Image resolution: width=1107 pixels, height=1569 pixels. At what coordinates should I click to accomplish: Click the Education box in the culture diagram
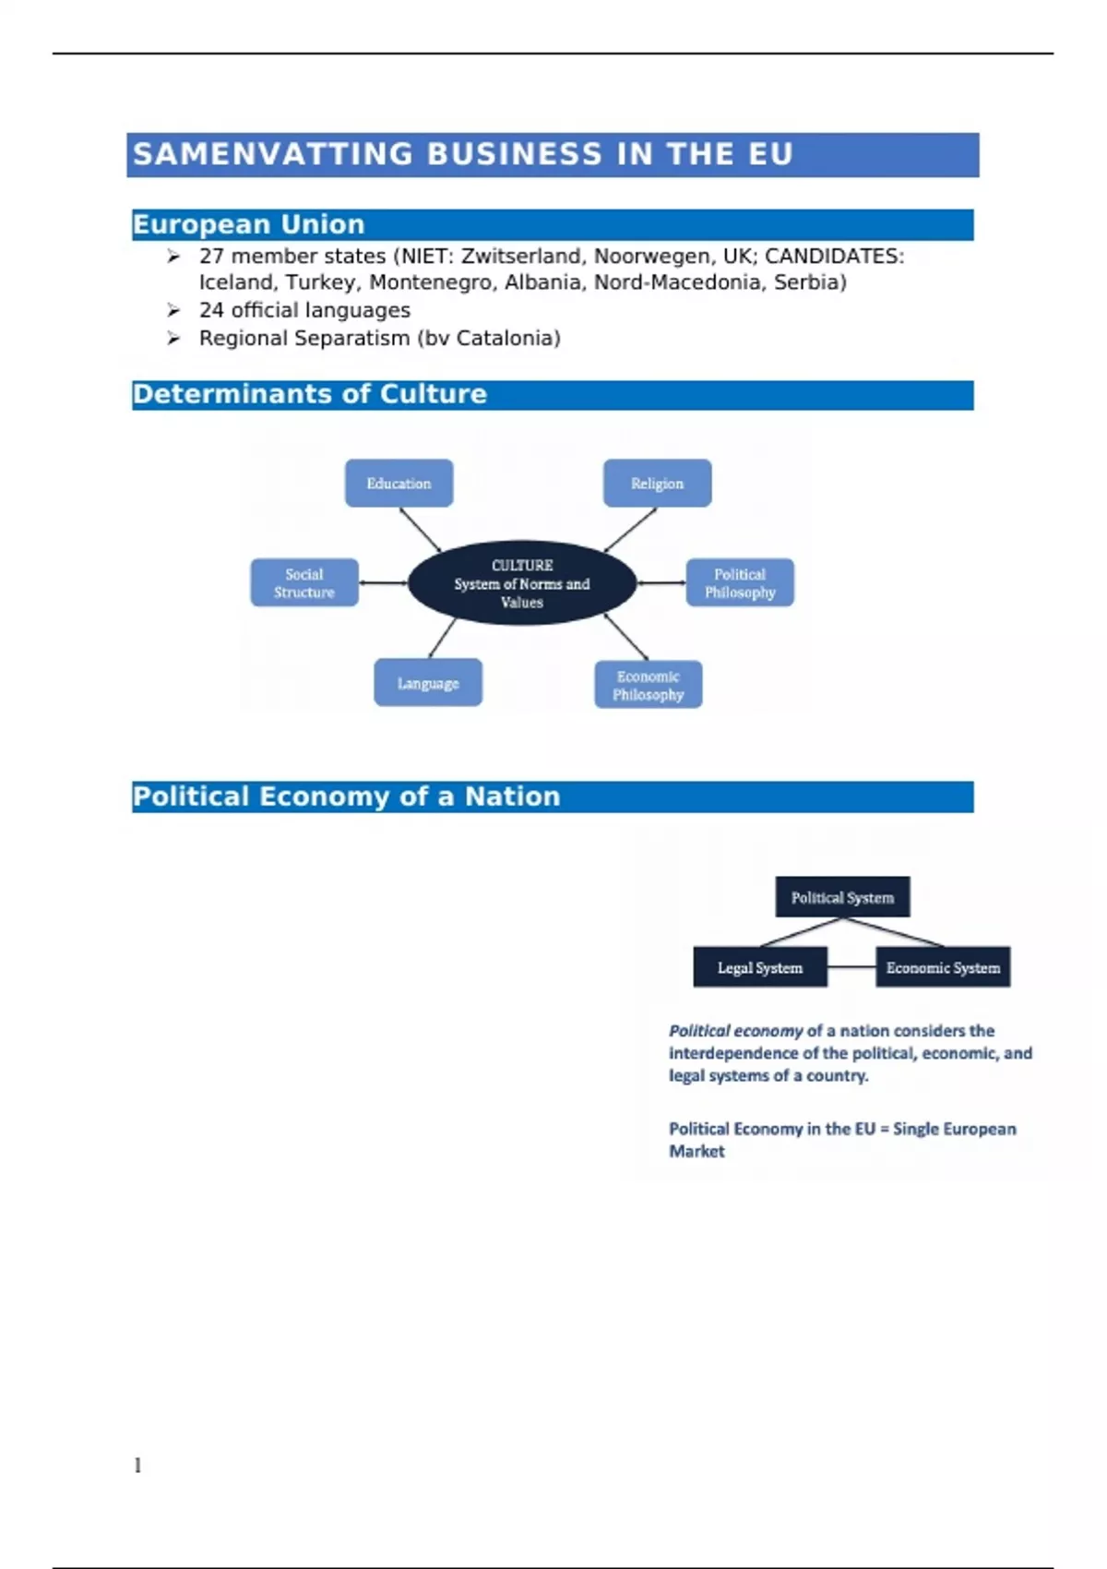399,483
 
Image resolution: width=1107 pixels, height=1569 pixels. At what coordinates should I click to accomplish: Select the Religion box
657,483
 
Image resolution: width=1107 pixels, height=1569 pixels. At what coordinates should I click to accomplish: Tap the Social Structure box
304,582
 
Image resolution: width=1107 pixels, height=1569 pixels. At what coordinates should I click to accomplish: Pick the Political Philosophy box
740,582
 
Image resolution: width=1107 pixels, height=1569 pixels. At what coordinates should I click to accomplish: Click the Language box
428,683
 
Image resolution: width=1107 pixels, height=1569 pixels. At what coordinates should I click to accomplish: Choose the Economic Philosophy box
648,685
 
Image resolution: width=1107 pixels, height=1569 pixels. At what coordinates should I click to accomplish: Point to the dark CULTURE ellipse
522,582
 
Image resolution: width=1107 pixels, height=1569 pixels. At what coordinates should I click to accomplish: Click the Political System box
842,897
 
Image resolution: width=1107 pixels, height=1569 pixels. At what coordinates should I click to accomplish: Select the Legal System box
760,967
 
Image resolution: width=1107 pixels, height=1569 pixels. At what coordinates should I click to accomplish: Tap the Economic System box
943,967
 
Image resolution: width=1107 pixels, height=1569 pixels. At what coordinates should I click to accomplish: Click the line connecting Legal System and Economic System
851,967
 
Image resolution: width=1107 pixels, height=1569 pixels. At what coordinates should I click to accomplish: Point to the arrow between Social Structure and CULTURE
383,582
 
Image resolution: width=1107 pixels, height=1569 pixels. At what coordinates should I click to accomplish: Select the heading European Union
248,224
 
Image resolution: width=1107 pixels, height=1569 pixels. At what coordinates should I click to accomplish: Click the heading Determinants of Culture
309,394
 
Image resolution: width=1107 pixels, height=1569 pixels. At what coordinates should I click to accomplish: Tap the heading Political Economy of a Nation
346,796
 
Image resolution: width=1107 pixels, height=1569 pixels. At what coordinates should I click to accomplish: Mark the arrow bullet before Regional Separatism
173,338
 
